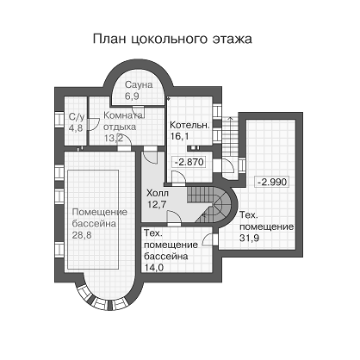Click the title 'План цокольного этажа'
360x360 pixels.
coord(172,39)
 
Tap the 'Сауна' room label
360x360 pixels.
coord(139,85)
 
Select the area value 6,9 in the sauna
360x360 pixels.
coord(132,96)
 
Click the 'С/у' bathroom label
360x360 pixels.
coord(77,117)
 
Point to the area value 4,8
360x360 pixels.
coord(76,128)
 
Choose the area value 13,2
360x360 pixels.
coord(114,139)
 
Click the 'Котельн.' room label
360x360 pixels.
coord(189,126)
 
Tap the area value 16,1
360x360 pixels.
coord(179,136)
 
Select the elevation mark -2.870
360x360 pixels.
coord(189,162)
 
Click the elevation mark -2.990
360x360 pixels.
coord(272,182)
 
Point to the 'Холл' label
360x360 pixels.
coord(158,193)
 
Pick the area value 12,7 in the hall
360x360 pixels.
coord(157,204)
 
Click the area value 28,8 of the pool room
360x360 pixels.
coord(82,235)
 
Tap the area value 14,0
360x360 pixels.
coord(153,268)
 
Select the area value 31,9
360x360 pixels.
coord(249,238)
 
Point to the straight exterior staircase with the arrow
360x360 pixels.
coord(231,135)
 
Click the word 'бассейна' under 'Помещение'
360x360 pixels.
coord(94,224)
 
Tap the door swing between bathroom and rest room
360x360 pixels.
coord(92,125)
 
